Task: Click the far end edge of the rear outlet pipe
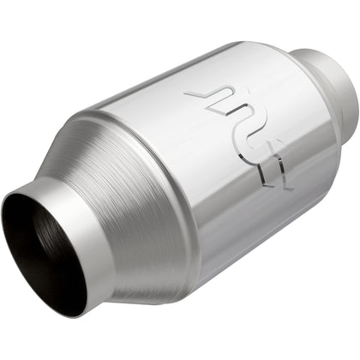[x=347, y=81]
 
